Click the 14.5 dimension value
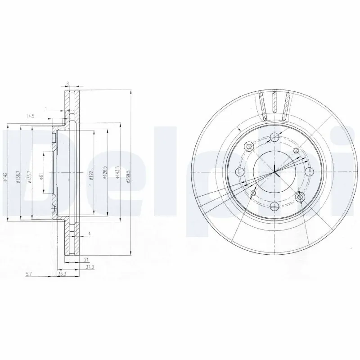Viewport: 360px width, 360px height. [x=30, y=117]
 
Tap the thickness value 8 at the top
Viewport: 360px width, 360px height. [x=67, y=83]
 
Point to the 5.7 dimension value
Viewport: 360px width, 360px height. [x=29, y=274]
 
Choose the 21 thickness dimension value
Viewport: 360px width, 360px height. [x=85, y=259]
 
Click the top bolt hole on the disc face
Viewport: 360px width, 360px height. [x=274, y=138]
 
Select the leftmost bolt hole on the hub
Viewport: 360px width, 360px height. [x=240, y=172]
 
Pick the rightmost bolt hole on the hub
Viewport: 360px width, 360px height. [x=309, y=172]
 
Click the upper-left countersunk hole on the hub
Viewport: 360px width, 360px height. [x=249, y=146]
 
